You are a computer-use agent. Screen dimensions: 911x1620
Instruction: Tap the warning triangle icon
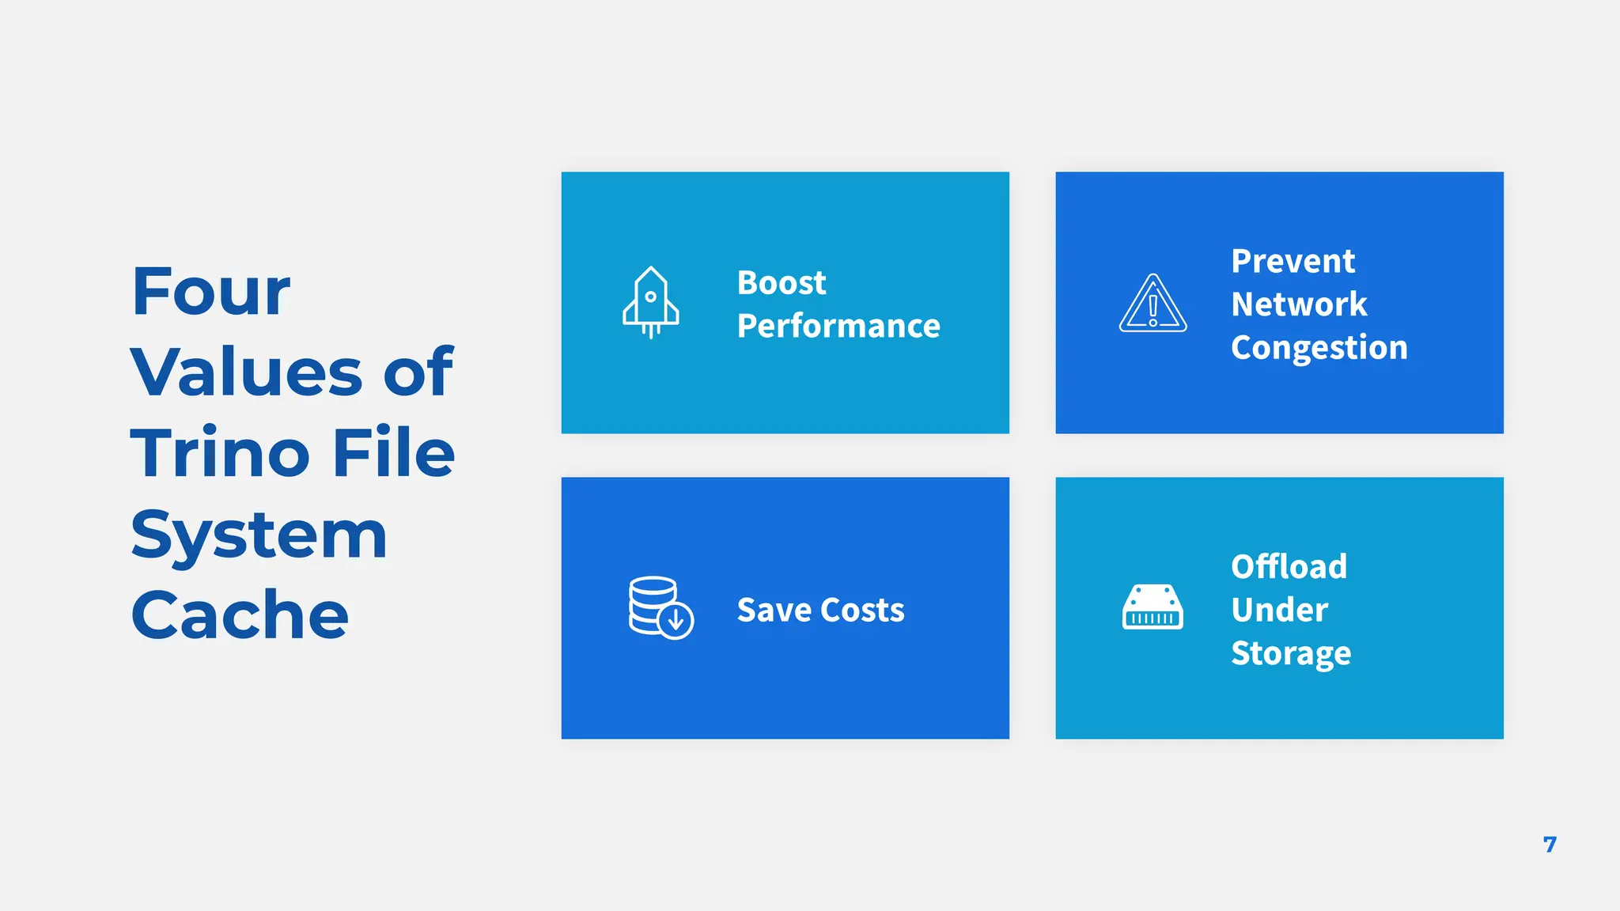pos(1153,304)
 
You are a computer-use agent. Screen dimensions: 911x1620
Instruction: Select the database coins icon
pos(660,607)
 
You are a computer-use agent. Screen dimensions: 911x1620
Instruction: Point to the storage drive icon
pos(1153,607)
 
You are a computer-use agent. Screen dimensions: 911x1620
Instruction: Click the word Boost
pos(782,283)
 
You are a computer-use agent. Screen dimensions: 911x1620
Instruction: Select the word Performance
pos(838,327)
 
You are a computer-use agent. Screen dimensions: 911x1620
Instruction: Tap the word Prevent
pos(1293,262)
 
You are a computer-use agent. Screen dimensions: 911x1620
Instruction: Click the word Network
pos(1299,304)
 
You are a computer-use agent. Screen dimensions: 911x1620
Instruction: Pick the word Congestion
pos(1319,348)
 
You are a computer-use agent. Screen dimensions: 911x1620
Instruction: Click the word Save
pos(774,610)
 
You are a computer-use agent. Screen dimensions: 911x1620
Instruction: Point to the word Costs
pos(863,610)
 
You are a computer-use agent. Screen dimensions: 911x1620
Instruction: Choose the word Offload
pos(1289,567)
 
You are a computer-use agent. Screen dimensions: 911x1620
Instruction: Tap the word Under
pos(1279,610)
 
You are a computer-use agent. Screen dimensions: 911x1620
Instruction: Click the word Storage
pos(1291,654)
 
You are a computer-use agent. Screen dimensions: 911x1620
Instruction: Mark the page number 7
pos(1550,845)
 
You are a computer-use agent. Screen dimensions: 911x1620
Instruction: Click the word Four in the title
pos(211,292)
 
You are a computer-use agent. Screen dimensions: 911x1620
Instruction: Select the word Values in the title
pos(245,372)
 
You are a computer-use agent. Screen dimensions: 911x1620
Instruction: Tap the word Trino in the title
pos(220,453)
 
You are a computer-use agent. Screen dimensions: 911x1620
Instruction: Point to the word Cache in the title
pos(240,615)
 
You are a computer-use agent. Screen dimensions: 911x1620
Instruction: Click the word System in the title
pos(259,535)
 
